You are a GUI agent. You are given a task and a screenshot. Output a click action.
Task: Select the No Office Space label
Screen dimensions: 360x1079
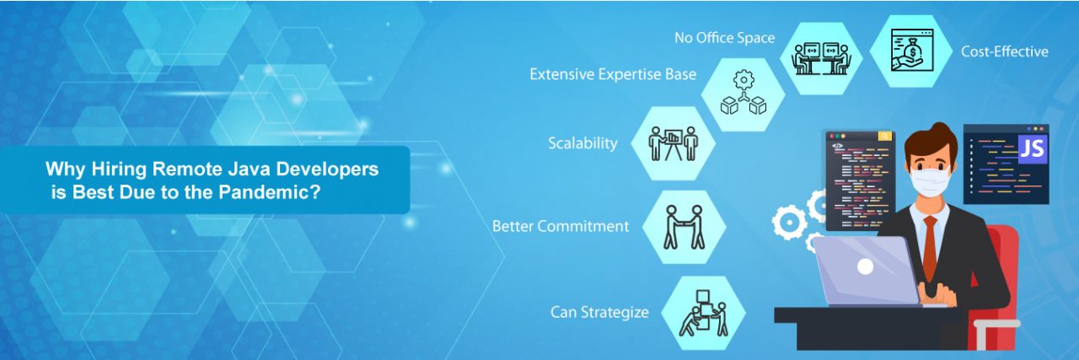[724, 38]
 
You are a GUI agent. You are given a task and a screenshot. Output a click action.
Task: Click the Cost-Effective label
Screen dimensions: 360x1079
[1004, 51]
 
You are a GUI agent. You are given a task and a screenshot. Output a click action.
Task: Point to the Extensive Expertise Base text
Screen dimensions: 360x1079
[613, 74]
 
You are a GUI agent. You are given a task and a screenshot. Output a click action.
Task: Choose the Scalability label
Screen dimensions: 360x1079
[582, 142]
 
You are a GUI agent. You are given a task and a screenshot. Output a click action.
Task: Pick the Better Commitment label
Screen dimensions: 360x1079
[561, 226]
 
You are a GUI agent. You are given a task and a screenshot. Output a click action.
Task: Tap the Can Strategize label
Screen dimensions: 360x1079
[599, 312]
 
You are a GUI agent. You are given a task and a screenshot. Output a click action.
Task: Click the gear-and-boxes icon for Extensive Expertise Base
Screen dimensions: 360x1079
[743, 94]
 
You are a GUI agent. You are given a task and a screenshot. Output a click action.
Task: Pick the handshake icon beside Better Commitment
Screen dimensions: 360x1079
[684, 226]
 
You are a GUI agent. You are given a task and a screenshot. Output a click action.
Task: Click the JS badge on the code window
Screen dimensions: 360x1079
[1031, 148]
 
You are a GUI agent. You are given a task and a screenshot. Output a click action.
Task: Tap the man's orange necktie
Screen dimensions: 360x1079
[929, 248]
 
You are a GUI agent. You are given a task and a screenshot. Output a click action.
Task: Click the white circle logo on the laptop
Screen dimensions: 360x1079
[865, 267]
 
